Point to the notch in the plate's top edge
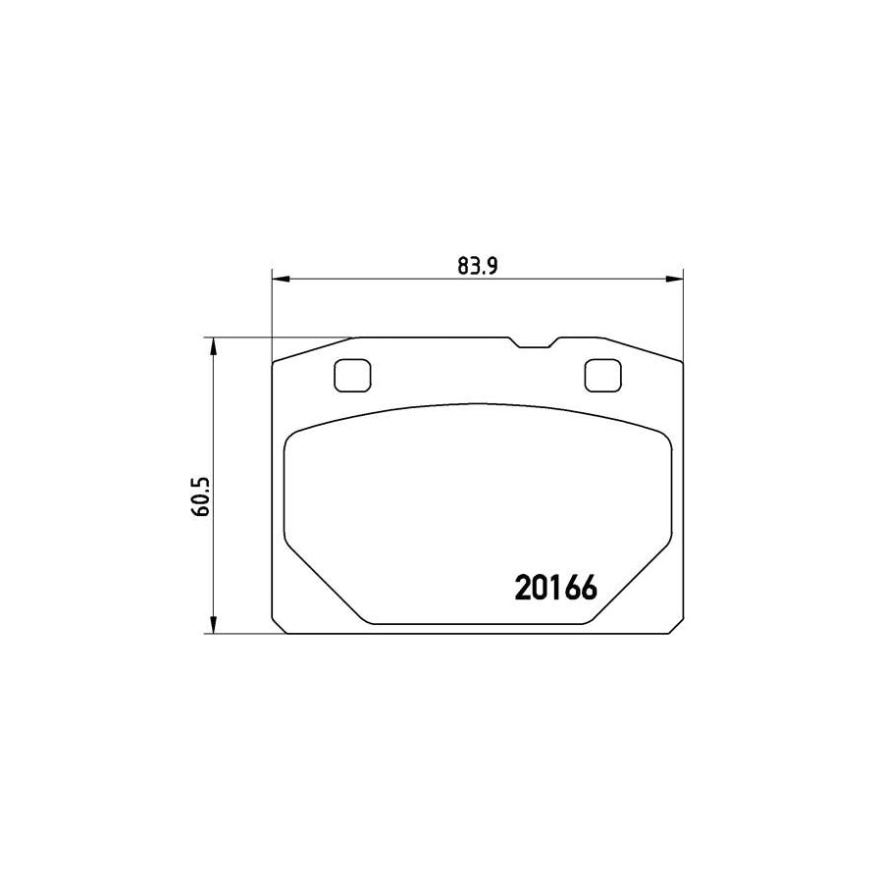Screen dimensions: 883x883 click(534, 343)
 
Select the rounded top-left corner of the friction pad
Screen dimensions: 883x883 click(292, 440)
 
